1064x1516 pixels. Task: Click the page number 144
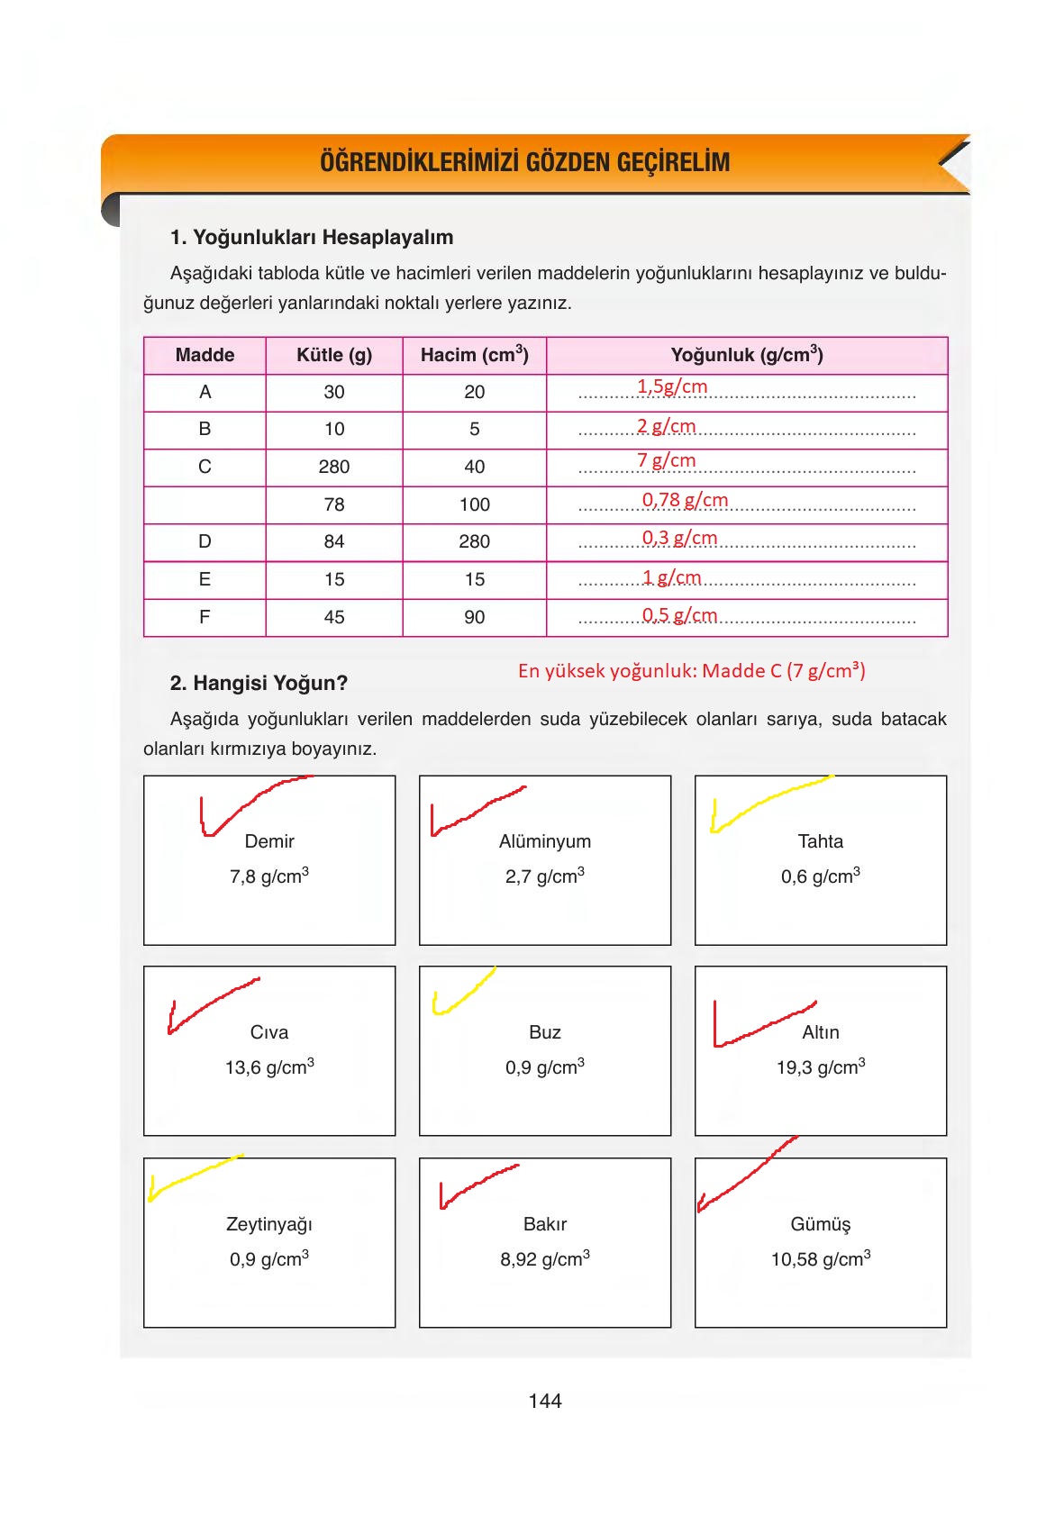click(545, 1401)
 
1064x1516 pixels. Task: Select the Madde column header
click(205, 355)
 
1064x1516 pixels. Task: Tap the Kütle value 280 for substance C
click(333, 467)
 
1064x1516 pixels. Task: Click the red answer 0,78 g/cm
click(685, 500)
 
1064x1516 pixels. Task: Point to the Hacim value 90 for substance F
click(474, 617)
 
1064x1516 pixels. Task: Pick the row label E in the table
click(205, 579)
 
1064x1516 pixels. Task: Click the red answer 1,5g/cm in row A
click(672, 386)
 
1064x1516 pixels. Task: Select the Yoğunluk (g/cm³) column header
click(747, 355)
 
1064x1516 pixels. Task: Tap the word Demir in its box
click(269, 841)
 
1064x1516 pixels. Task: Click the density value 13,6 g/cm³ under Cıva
click(269, 1067)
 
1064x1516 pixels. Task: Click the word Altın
click(820, 1032)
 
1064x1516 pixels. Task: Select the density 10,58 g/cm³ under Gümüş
click(820, 1259)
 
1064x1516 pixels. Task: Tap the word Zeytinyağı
click(269, 1224)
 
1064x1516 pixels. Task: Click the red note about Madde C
click(691, 670)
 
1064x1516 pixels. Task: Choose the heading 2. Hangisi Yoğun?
click(259, 683)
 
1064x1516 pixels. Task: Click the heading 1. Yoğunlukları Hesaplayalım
click(312, 238)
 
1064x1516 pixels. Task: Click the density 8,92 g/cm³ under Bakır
click(544, 1259)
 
